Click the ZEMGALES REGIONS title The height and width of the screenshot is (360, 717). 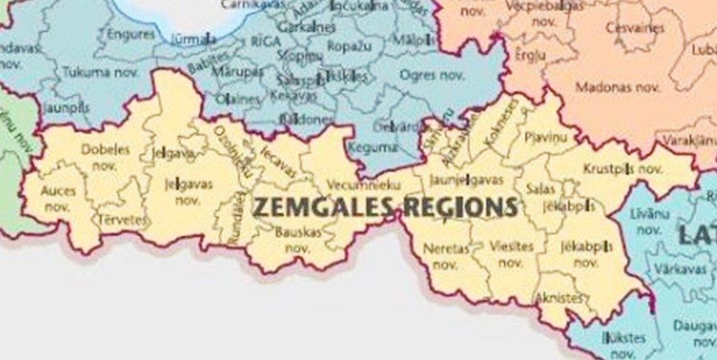coord(385,207)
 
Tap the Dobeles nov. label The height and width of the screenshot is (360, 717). coord(105,157)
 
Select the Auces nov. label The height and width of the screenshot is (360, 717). coord(58,199)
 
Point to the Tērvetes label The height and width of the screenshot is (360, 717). coord(123,219)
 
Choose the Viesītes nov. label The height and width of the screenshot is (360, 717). coord(511,254)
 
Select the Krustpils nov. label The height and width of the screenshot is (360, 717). coord(622,169)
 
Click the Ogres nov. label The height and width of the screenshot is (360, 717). coord(432,75)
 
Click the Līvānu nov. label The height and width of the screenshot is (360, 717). coord(649,222)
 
